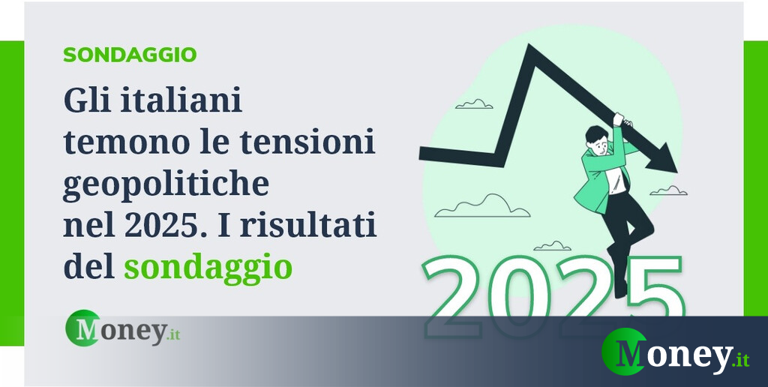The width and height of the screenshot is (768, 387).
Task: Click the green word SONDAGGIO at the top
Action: (x=130, y=55)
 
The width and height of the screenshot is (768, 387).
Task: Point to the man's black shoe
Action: (x=621, y=289)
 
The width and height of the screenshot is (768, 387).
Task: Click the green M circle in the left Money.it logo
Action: (x=82, y=328)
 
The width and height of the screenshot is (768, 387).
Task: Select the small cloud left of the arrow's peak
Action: (x=474, y=103)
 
